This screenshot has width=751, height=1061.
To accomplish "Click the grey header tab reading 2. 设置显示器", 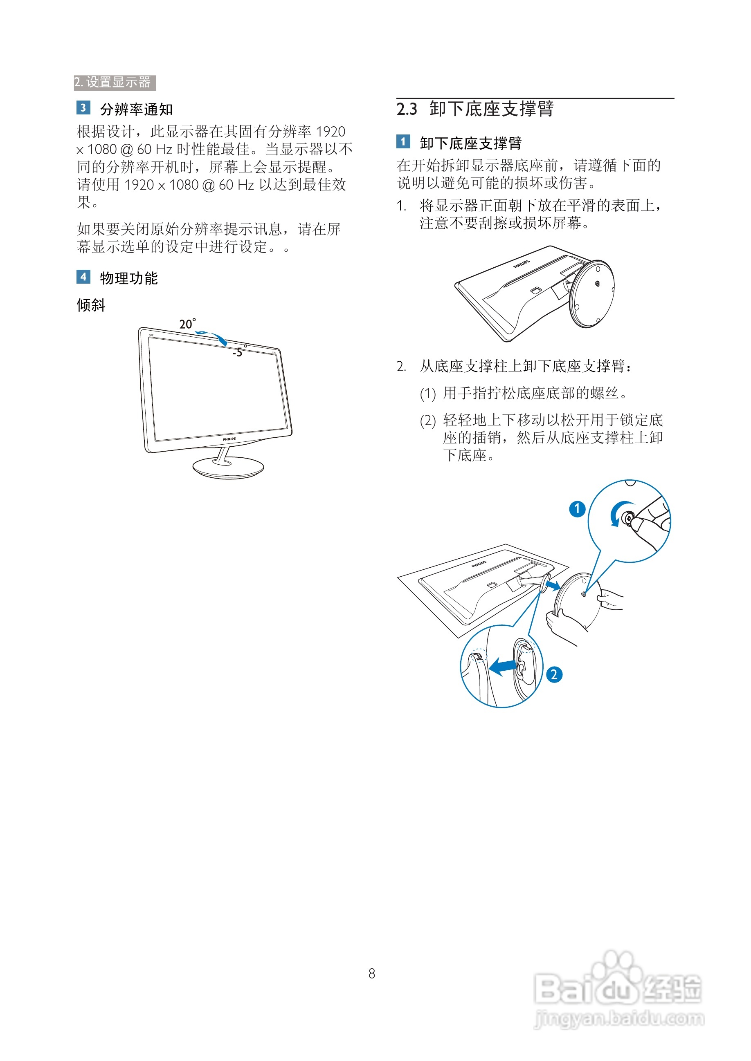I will click(x=114, y=83).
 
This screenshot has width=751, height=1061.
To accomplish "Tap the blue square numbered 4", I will click(x=83, y=277).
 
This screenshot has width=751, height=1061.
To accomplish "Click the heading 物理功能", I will click(x=129, y=278).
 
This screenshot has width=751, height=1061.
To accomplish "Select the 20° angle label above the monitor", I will click(x=187, y=324).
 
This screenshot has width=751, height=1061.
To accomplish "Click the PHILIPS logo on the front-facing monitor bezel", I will click(x=229, y=439).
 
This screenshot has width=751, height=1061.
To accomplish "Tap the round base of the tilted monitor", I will click(x=228, y=468).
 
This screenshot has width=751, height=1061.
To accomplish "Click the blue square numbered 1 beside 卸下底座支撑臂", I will click(x=403, y=141).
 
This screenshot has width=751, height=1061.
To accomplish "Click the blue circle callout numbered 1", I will click(x=577, y=509).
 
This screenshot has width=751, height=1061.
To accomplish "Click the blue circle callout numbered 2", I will click(x=554, y=675).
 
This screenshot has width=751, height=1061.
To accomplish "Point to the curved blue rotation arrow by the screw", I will click(x=617, y=513).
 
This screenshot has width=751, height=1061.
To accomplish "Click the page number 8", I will click(x=371, y=974).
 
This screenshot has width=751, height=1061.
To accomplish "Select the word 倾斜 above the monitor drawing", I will click(x=91, y=305).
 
